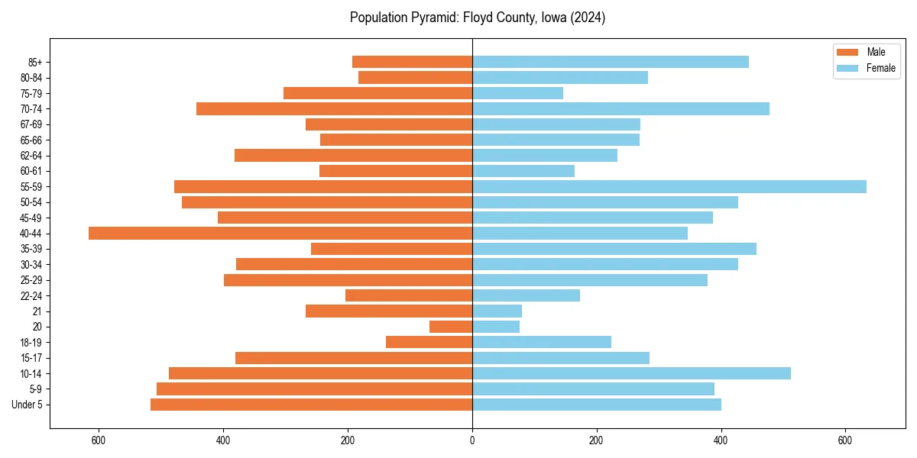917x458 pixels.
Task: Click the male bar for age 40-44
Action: (x=280, y=234)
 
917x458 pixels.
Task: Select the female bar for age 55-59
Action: (x=669, y=187)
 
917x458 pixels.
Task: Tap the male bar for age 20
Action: (x=451, y=327)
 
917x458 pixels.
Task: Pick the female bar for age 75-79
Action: (x=517, y=93)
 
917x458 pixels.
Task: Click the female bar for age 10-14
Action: (x=631, y=373)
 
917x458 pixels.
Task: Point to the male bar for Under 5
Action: (x=311, y=405)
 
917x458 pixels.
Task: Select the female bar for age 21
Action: (x=497, y=311)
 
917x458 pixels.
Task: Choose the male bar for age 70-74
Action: (x=334, y=109)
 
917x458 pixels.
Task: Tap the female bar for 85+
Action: (x=611, y=62)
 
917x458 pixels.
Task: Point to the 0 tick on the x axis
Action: (x=472, y=440)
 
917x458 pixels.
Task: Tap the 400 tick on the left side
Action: (x=223, y=440)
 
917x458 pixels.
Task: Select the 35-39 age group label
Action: (x=31, y=249)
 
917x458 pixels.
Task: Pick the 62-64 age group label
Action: (x=31, y=156)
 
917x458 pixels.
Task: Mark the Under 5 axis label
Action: (x=28, y=405)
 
